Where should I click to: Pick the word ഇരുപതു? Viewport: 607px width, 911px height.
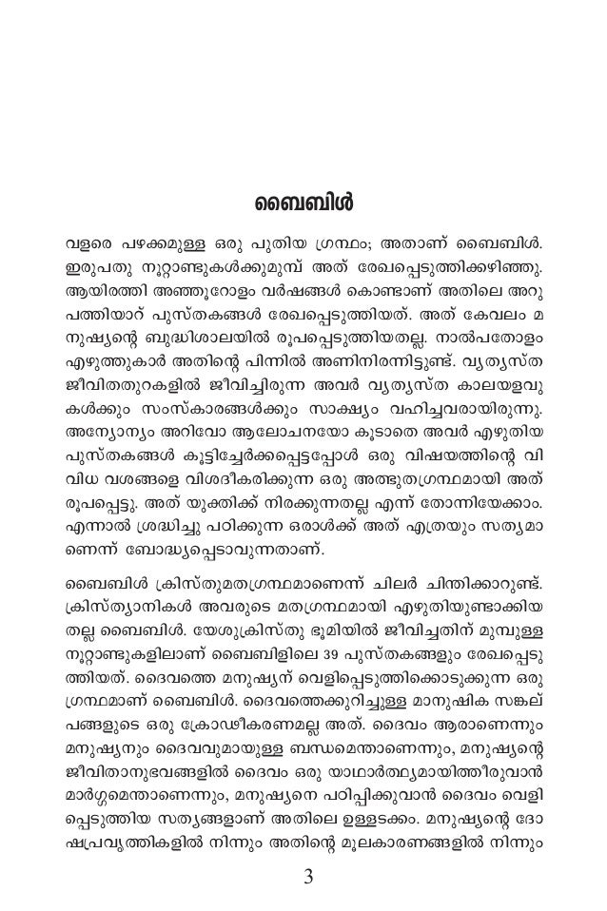click(93, 261)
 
